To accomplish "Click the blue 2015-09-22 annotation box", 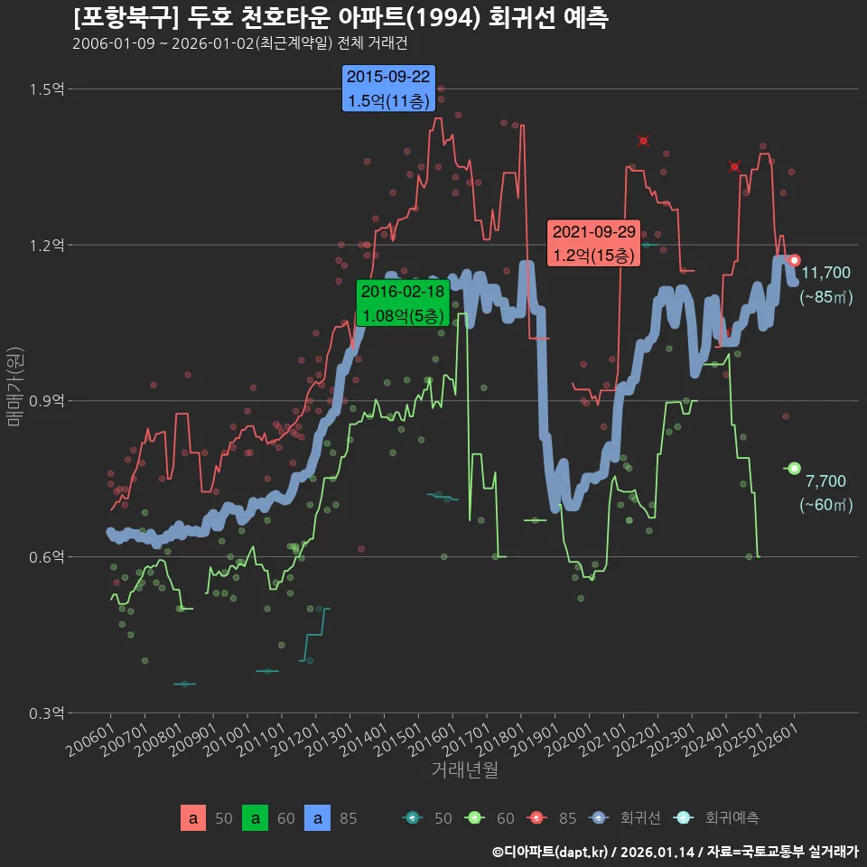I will tap(388, 88).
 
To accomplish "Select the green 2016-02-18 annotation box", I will tap(402, 303).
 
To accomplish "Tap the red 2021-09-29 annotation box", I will tap(595, 243).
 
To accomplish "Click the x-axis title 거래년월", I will tap(464, 770).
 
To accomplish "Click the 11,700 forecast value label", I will tap(825, 273).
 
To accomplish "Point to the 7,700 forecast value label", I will tap(825, 480).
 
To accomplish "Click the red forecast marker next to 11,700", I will tap(795, 260).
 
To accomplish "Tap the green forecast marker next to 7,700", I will tap(794, 468).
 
